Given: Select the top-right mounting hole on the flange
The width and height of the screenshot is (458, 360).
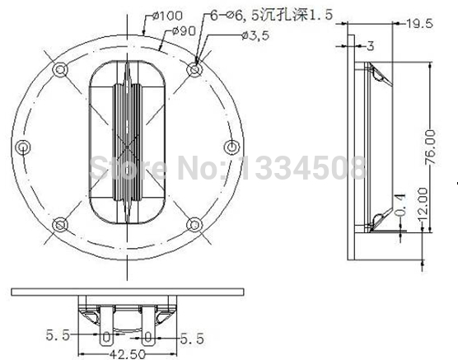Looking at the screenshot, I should tap(194, 67).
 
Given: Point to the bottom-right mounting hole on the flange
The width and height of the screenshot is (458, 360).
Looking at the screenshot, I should tap(194, 224).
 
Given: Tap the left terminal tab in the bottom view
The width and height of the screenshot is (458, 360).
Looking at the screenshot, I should tap(105, 334).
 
